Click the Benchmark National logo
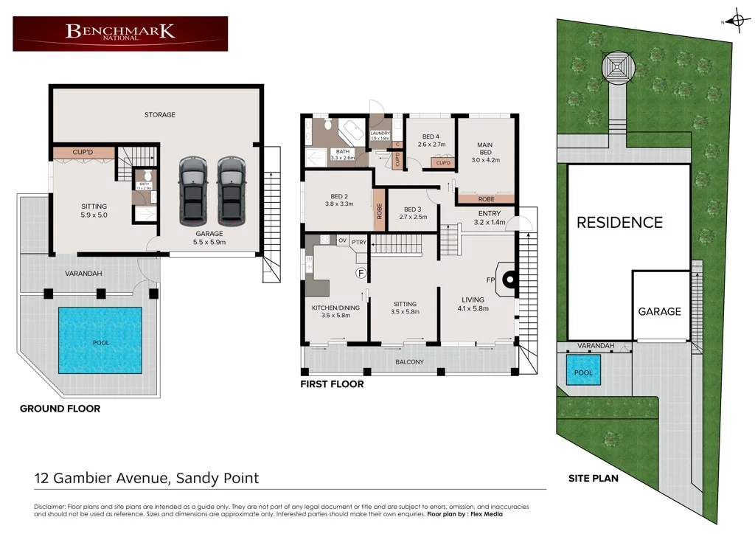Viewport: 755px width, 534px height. click(120, 33)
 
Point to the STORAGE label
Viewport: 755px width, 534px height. click(160, 115)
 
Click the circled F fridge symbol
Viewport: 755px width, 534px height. click(361, 273)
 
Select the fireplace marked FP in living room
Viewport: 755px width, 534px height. click(508, 280)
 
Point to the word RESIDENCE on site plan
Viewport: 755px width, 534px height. click(619, 222)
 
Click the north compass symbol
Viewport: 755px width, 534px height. click(735, 21)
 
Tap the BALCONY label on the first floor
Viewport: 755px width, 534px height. click(410, 362)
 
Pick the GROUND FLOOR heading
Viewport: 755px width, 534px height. click(60, 409)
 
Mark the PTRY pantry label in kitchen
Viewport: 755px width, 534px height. click(359, 241)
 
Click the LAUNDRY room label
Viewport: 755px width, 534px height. click(380, 133)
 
